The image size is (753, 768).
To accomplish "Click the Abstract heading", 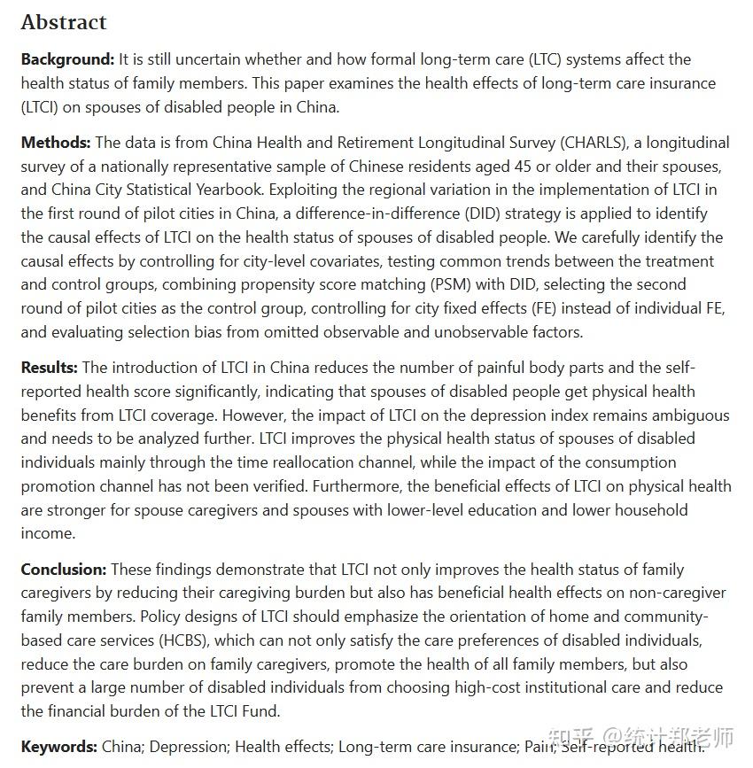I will (64, 22).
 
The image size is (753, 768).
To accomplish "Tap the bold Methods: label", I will (56, 142).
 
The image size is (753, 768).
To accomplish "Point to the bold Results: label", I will (50, 368).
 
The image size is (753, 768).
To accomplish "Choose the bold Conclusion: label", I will (64, 570).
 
